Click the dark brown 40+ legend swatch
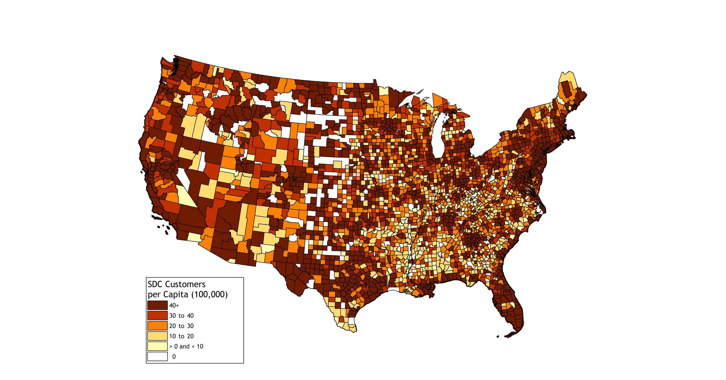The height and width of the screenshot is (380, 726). point(157,305)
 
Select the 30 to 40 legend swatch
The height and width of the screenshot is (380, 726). point(157,315)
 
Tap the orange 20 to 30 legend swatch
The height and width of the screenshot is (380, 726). point(157,326)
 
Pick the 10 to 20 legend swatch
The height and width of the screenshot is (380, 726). point(157,336)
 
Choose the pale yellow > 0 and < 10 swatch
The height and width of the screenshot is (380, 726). point(157,346)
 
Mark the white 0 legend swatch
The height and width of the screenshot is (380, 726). point(157,356)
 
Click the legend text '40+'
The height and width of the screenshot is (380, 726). point(174,306)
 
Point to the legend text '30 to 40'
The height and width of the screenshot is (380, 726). point(181,316)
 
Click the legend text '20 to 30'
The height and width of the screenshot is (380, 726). point(181,326)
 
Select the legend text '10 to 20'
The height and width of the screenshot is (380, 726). point(181,336)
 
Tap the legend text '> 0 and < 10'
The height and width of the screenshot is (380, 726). point(186,346)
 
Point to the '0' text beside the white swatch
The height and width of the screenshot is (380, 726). point(174,357)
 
